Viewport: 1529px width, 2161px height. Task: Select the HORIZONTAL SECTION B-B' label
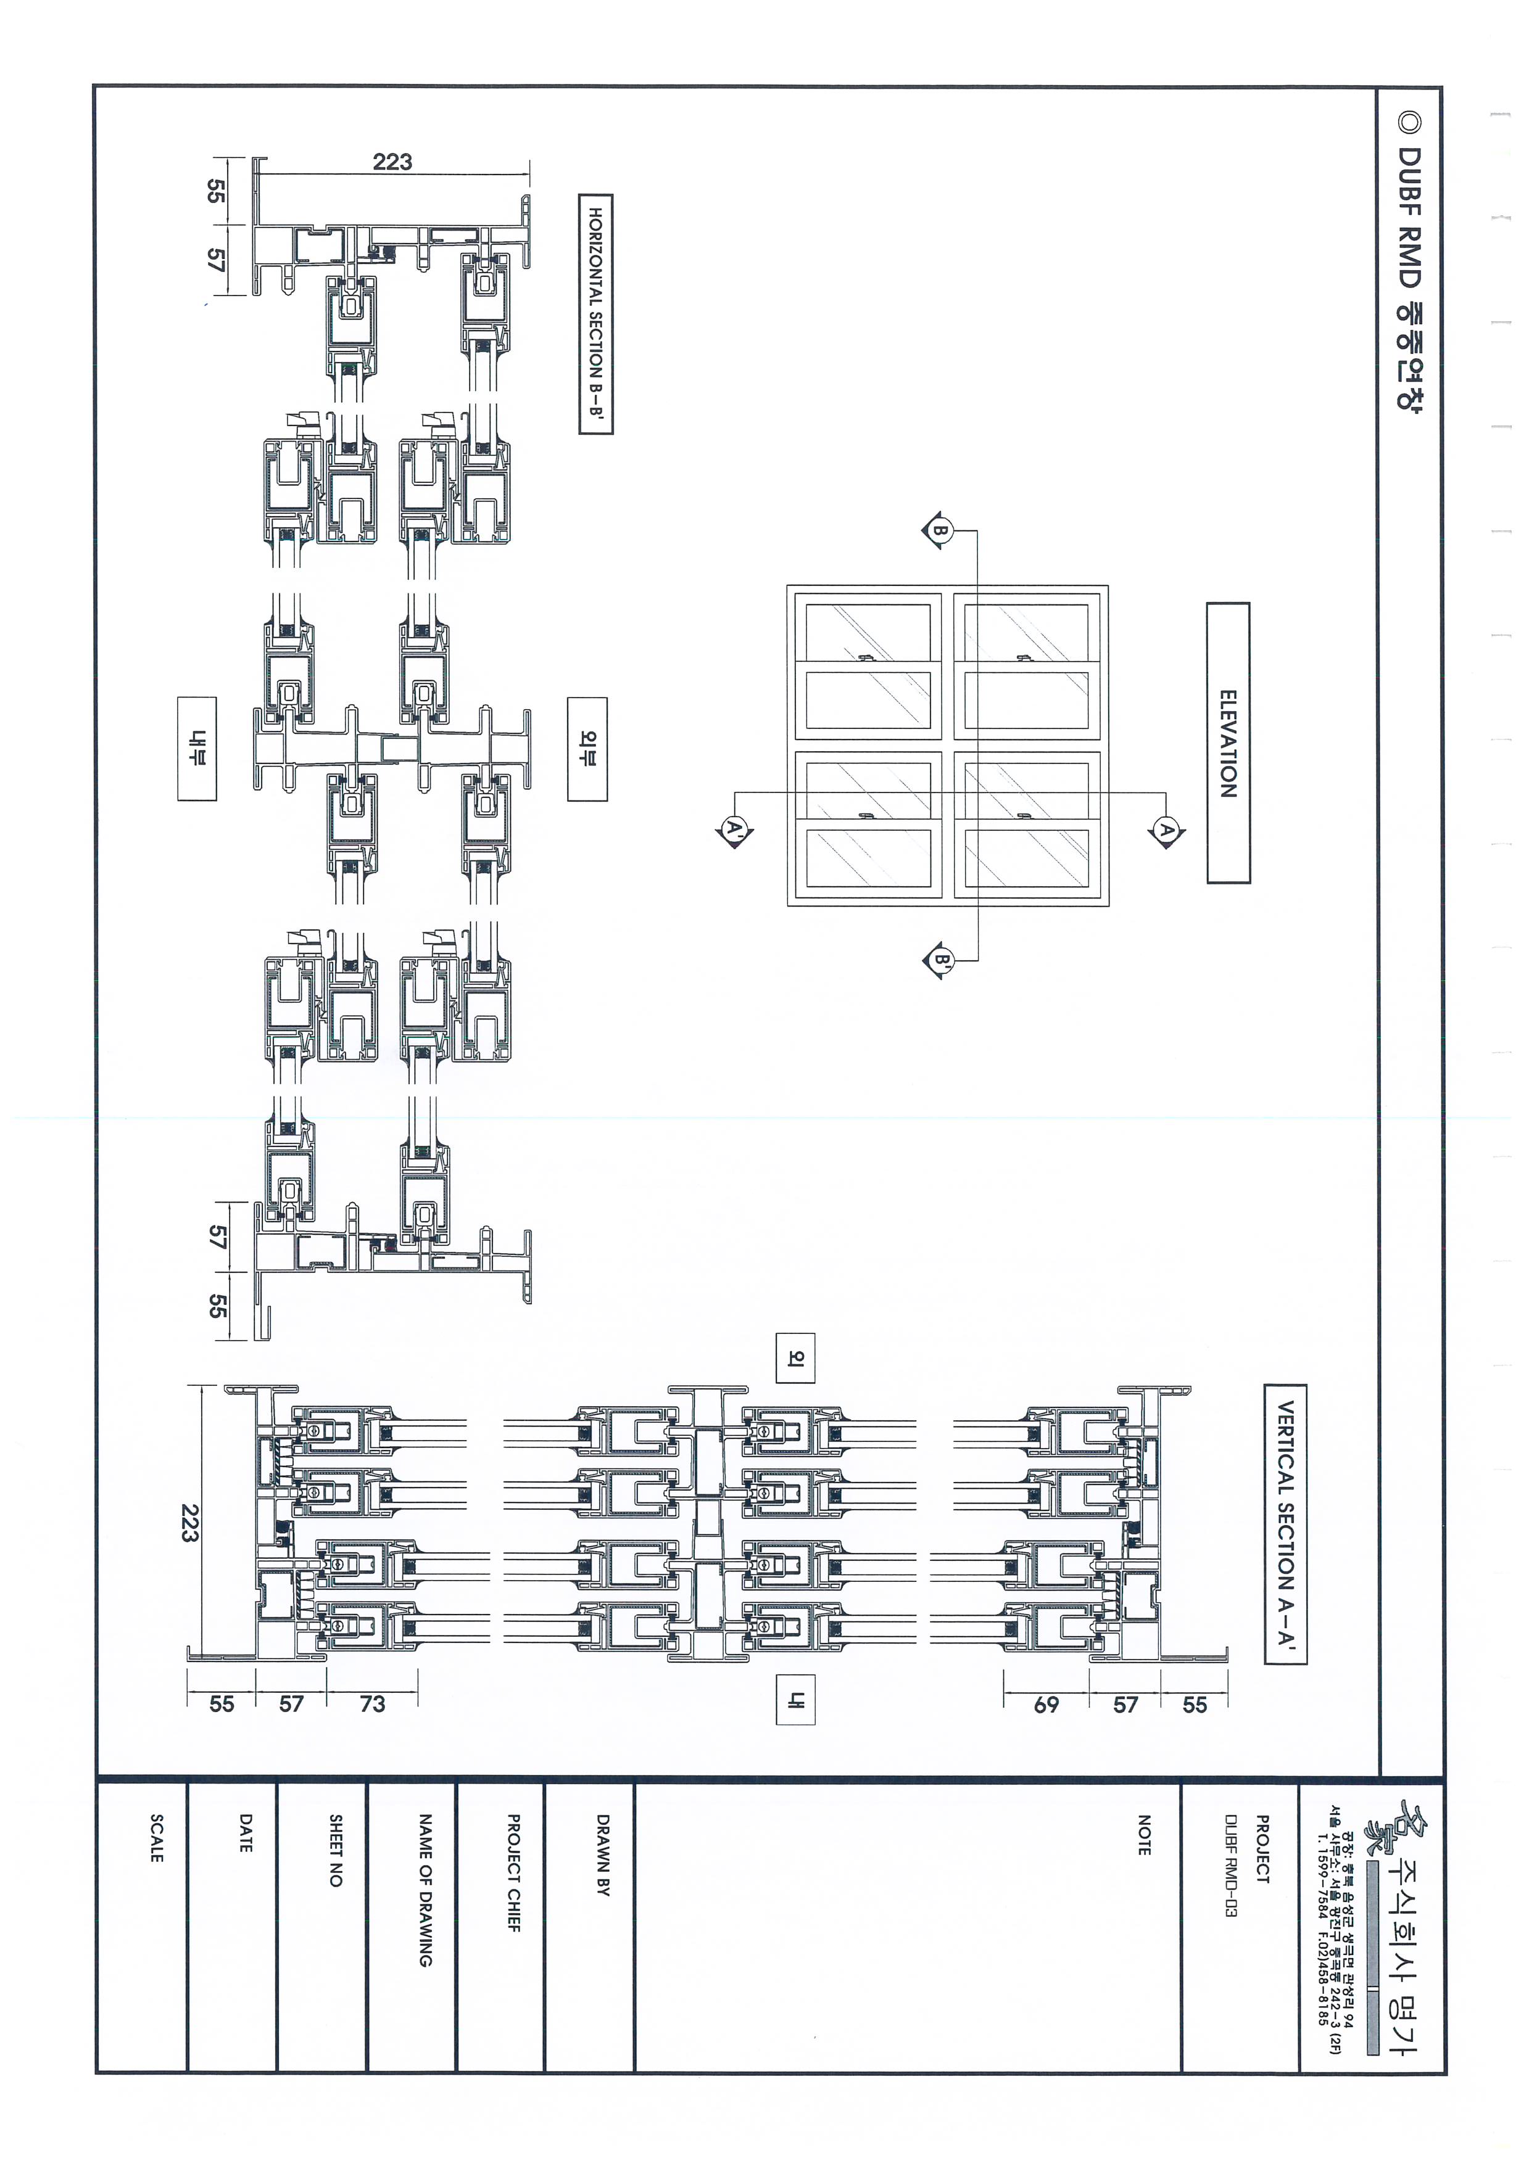coord(595,313)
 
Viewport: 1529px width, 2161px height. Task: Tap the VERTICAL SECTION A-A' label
coord(1285,1524)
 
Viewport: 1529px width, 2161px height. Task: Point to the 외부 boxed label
coord(587,749)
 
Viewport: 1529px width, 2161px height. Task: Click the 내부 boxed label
coord(197,749)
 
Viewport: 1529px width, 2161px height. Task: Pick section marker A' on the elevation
coord(732,830)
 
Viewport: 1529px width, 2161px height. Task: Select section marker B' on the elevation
coord(939,961)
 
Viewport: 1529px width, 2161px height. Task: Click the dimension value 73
coord(372,1703)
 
